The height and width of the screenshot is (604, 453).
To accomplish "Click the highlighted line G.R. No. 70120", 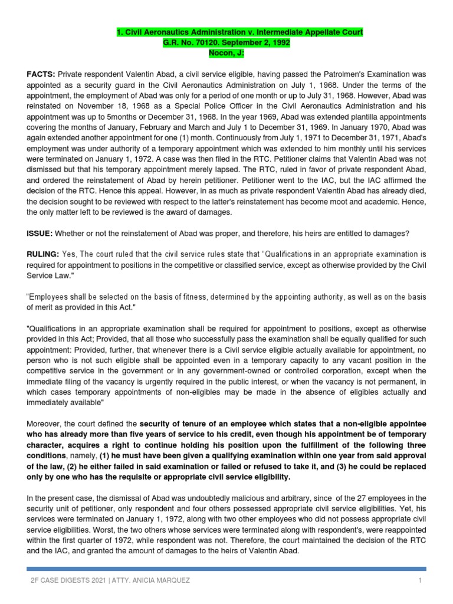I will click(x=226, y=42).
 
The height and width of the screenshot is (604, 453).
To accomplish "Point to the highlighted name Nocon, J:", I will click(x=226, y=53).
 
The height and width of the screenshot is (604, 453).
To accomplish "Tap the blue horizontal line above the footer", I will click(x=226, y=569).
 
